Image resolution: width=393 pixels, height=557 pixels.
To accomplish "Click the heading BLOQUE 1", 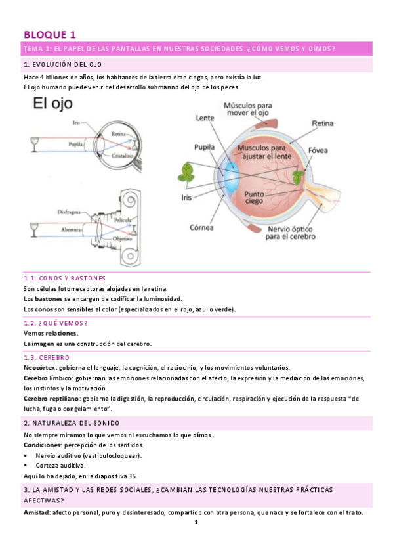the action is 50,34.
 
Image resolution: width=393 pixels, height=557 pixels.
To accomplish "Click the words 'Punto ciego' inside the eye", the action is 255,199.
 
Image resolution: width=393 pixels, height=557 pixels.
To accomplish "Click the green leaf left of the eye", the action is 186,173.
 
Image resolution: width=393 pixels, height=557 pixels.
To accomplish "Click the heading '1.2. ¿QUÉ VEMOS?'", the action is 55,323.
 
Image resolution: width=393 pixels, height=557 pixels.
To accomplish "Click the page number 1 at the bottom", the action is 196,523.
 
